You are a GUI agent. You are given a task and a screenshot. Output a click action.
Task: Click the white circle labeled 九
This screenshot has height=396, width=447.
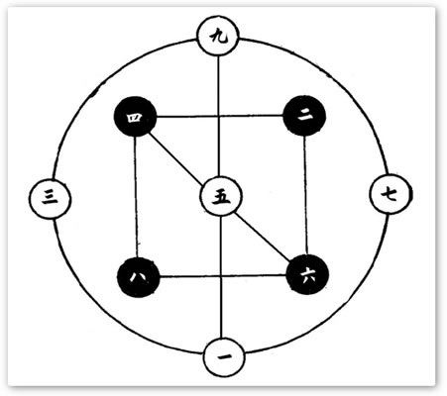click(x=217, y=36)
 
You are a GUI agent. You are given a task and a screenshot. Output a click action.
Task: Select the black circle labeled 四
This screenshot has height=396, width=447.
click(x=135, y=117)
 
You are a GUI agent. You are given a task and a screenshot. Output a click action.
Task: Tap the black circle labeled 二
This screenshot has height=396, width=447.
click(x=304, y=116)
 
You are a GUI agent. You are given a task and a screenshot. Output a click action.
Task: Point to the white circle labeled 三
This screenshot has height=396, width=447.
click(x=50, y=198)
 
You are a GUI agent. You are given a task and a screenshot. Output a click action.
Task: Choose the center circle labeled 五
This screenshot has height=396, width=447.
click(x=221, y=196)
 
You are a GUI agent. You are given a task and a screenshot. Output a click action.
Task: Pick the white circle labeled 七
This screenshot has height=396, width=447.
click(x=391, y=194)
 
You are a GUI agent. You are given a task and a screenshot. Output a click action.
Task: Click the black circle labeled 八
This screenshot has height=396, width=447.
click(x=139, y=277)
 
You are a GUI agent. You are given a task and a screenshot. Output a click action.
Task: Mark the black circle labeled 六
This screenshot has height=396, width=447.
click(x=307, y=274)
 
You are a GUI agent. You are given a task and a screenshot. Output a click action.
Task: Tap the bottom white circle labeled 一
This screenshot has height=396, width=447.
click(x=224, y=357)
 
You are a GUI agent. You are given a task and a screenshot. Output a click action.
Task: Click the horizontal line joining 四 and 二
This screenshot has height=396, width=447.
click(x=220, y=116)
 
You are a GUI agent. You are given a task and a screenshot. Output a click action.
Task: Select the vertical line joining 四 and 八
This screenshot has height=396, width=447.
click(x=136, y=197)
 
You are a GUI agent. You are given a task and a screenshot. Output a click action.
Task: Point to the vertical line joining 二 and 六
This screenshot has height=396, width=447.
click(x=305, y=195)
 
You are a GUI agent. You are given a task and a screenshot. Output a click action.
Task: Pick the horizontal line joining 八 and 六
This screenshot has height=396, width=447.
click(x=223, y=275)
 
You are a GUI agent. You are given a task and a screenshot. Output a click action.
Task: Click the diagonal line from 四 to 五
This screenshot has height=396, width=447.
click(x=175, y=159)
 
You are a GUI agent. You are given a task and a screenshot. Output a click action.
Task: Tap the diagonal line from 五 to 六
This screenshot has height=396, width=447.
click(x=263, y=236)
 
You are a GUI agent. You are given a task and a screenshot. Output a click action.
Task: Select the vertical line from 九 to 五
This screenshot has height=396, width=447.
click(x=218, y=116)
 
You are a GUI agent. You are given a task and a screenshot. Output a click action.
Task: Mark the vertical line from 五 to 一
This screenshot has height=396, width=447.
click(x=222, y=276)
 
